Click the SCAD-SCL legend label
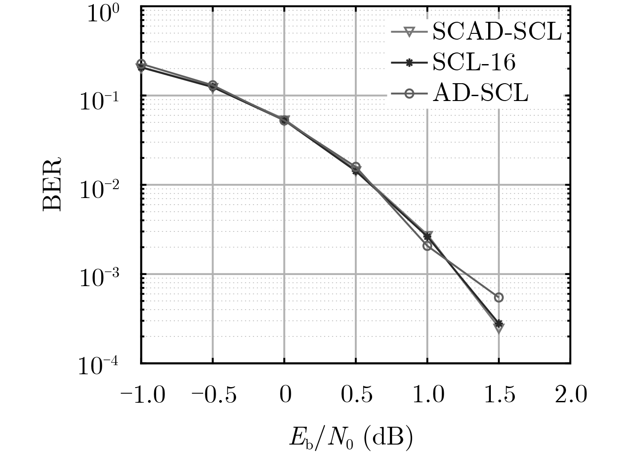tap(497, 32)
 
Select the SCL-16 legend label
tap(474, 63)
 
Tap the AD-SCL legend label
tap(480, 94)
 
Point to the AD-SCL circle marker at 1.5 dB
tap(499, 297)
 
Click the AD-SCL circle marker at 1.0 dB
tap(427, 246)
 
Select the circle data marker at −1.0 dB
tap(141, 64)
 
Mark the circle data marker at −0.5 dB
tap(213, 85)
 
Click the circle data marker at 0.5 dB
tap(356, 167)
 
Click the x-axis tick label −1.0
tap(142, 394)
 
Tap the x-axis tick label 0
tap(285, 394)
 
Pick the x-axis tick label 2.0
tap(571, 394)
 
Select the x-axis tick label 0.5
tap(356, 394)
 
